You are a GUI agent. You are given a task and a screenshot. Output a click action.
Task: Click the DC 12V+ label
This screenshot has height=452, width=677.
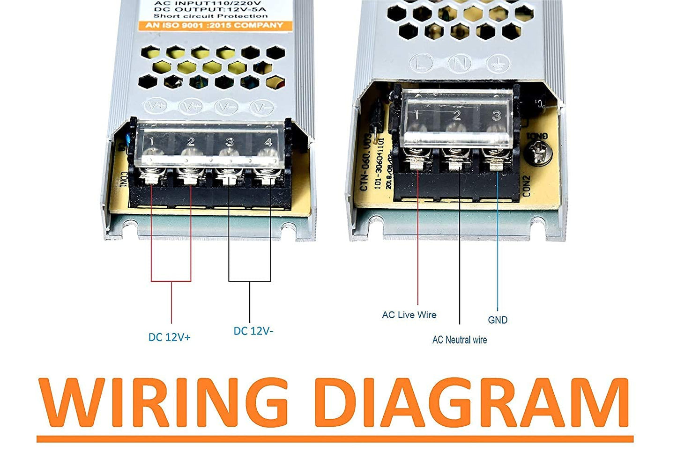(170, 337)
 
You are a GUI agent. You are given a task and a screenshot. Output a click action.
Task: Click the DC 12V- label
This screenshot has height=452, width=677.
(253, 331)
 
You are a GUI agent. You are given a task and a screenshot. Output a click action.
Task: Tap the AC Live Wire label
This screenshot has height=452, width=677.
(409, 315)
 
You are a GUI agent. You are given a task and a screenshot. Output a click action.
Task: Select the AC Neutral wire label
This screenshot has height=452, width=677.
(459, 340)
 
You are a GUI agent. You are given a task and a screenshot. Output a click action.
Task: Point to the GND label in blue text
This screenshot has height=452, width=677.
(498, 320)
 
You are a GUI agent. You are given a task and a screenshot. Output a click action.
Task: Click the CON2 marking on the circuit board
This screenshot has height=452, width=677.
(527, 186)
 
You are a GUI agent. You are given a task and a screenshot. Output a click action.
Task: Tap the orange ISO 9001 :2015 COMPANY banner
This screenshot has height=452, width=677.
(214, 25)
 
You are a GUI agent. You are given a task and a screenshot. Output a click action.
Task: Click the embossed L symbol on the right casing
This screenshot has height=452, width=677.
(420, 64)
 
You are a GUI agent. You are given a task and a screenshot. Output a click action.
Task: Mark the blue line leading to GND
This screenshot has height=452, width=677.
(497, 243)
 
